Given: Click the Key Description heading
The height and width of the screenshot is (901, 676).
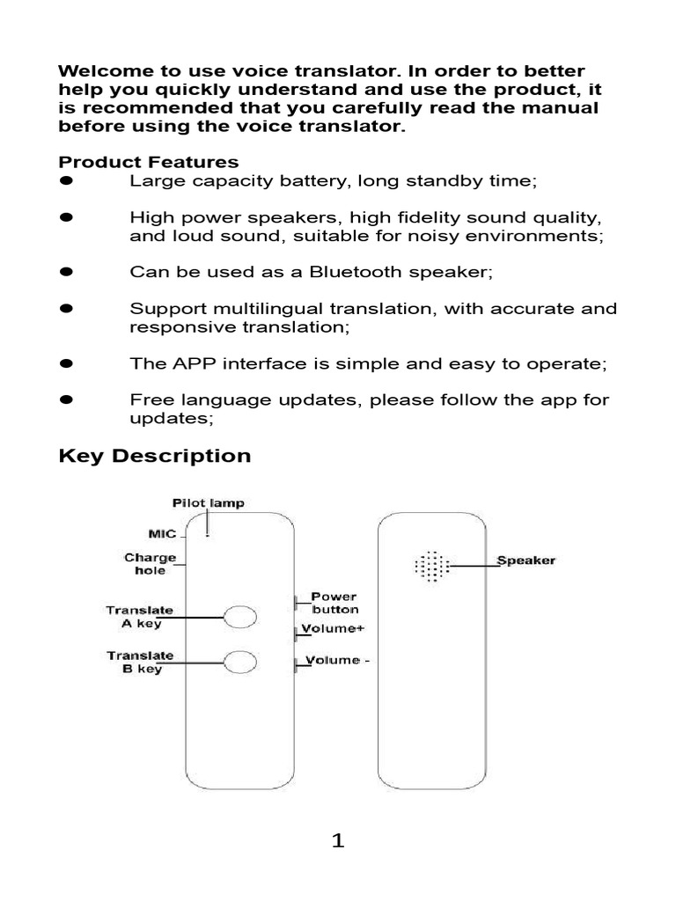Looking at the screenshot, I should coord(154,456).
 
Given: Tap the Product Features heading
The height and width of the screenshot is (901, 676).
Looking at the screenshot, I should coord(148,162).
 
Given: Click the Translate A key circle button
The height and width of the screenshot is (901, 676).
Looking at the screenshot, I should coord(239,618).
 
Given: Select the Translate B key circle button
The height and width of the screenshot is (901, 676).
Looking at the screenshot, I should coord(239,663).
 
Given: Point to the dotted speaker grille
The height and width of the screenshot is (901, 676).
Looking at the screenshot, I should coord(431,567).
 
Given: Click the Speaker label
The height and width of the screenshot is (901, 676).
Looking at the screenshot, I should coord(525,560).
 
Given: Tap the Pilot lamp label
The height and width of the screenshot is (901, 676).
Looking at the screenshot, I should coord(208,503).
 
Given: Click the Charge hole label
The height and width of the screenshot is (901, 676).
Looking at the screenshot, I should coord(150,564).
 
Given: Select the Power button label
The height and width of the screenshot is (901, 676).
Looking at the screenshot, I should coord(334,602).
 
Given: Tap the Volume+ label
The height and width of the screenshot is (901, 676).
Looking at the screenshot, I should coord(333,629).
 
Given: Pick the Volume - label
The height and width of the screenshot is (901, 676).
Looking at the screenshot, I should coord(333,661).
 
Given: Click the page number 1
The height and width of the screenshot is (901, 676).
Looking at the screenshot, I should coord(338,842).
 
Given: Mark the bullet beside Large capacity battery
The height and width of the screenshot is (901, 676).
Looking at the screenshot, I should coord(65,180).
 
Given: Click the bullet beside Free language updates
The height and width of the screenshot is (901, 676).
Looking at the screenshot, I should coord(65,400).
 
